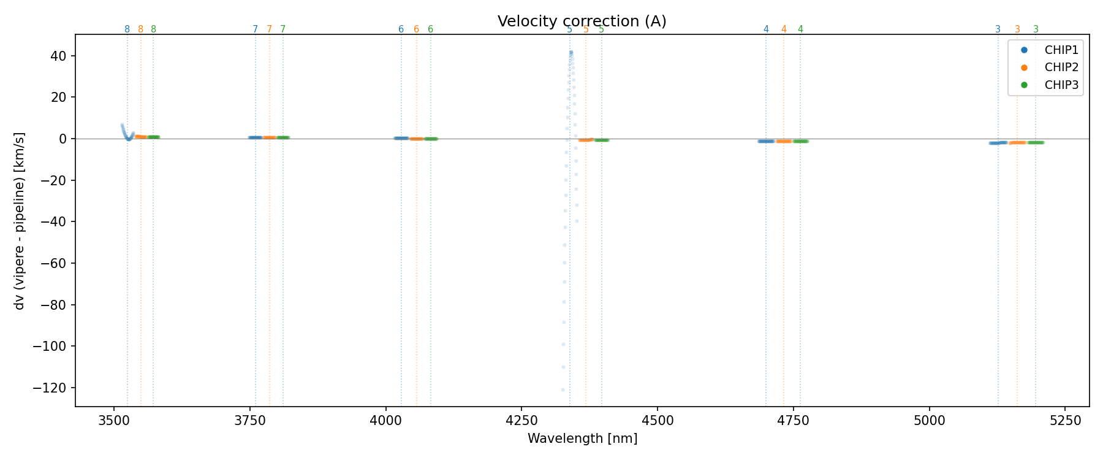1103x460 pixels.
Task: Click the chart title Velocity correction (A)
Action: click(582, 21)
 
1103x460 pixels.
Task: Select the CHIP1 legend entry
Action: click(1061, 50)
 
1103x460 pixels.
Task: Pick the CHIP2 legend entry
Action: click(1061, 67)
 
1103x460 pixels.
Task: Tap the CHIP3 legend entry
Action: click(1061, 85)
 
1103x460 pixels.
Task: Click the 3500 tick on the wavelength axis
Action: click(114, 420)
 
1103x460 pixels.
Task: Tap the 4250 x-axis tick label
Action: click(521, 420)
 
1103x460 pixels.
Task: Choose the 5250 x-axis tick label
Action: click(1065, 420)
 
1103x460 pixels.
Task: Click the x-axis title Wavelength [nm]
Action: click(582, 439)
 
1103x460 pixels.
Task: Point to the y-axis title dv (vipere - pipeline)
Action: click(20, 221)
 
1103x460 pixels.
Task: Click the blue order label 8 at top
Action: click(127, 29)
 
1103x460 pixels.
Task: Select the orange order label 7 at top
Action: click(269, 29)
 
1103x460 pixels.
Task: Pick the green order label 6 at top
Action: click(430, 29)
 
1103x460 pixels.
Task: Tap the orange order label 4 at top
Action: click(784, 29)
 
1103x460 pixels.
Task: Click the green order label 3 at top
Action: click(1036, 29)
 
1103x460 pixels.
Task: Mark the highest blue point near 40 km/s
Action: click(571, 53)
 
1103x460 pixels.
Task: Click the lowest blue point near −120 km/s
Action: click(563, 389)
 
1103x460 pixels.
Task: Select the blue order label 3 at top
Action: click(998, 29)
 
